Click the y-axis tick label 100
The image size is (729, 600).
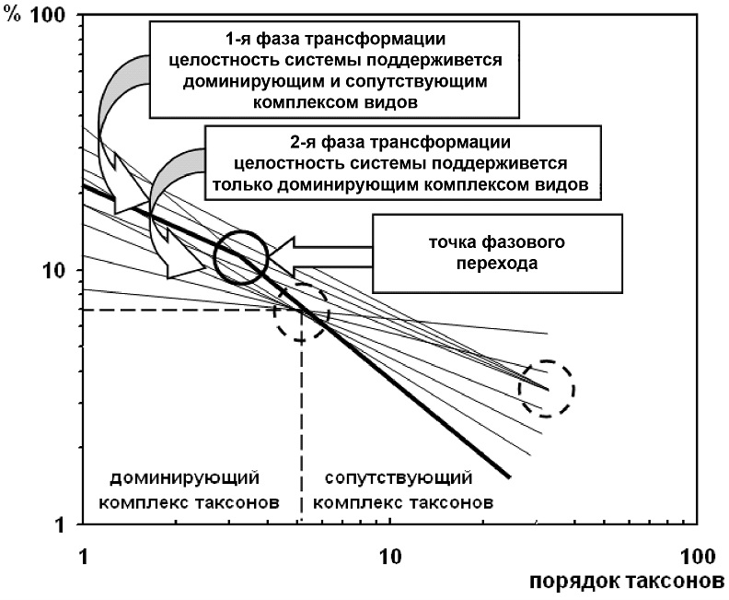pos(48,15)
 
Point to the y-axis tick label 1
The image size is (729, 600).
pos(60,525)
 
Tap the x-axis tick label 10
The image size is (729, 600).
pos(389,557)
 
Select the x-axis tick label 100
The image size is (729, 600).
pos(698,557)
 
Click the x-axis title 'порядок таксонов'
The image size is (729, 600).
pos(627,582)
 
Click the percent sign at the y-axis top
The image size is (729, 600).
pos(13,15)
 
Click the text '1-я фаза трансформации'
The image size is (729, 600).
pos(335,39)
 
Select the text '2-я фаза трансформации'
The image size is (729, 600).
pos(400,142)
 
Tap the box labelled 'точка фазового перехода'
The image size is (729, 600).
pos(497,253)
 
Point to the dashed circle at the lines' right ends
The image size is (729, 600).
pos(574,389)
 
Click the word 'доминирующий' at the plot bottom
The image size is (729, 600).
pos(185,477)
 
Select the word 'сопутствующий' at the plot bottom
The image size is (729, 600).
pos(399,477)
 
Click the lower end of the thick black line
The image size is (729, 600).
pos(510,477)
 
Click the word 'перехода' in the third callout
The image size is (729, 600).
pos(497,263)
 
